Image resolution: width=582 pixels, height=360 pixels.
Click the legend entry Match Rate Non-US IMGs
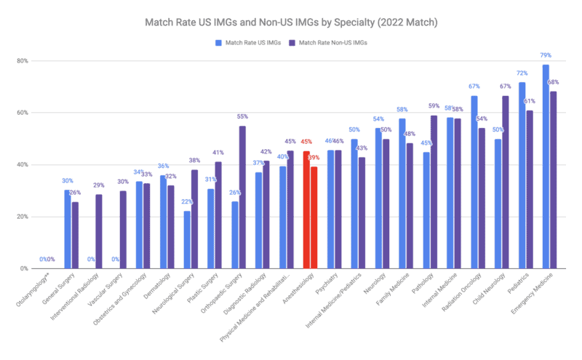[332, 43]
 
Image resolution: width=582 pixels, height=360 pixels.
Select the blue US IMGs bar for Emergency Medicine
[546, 167]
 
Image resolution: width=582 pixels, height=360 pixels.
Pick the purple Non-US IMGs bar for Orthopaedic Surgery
[242, 197]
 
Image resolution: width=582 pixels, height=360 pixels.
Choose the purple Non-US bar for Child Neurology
[505, 182]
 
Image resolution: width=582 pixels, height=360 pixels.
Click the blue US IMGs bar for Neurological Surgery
[187, 240]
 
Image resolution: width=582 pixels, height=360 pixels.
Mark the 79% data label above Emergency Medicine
[546, 55]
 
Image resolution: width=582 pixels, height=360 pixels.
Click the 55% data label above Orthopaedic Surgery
[243, 116]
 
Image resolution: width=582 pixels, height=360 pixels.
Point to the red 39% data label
[314, 158]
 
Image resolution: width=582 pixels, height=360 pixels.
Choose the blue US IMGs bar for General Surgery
[67, 229]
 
